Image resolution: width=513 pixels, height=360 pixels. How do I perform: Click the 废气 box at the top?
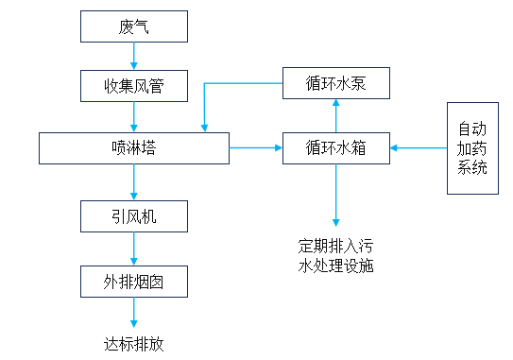(133, 27)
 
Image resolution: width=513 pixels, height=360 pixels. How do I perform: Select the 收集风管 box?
(133, 88)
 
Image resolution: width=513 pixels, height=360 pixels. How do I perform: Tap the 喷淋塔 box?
(133, 148)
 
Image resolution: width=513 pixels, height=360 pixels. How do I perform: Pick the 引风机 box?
(133, 217)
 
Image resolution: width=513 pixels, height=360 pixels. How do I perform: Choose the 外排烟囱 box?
(133, 281)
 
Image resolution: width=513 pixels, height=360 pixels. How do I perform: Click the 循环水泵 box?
(335, 84)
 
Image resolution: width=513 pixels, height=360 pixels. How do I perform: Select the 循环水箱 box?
(335, 148)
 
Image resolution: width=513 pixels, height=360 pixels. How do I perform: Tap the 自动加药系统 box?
(472, 148)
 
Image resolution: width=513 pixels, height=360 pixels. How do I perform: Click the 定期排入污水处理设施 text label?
(335, 255)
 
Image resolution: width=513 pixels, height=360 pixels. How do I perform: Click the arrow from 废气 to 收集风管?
(133, 57)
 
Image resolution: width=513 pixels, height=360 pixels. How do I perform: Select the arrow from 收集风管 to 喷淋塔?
(133, 117)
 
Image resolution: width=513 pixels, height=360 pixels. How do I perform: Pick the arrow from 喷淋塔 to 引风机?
(133, 182)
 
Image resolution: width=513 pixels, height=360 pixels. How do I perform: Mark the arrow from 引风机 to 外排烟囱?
(133, 249)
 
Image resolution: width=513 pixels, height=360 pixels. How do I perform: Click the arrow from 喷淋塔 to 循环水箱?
(256, 148)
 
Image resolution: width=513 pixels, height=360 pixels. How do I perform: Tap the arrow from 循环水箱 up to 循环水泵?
(334, 116)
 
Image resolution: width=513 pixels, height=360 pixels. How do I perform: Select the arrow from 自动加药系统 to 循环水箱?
(418, 148)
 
